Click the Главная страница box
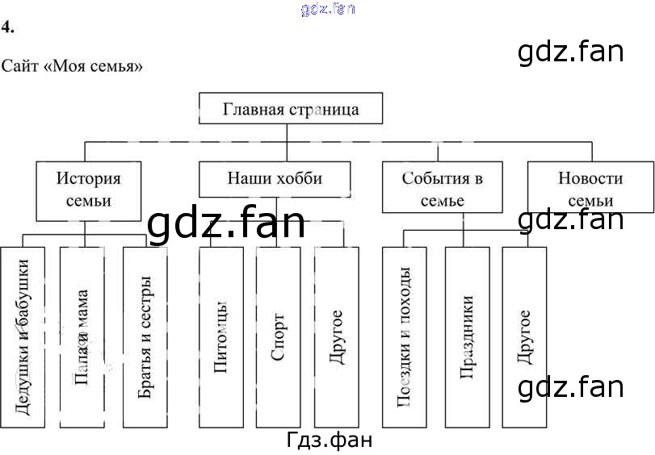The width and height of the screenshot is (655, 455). (291, 108)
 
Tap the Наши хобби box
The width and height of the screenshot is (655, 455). (275, 178)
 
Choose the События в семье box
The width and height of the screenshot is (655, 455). (442, 188)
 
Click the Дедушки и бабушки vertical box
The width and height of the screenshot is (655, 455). (23, 336)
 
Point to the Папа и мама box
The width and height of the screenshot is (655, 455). (82, 336)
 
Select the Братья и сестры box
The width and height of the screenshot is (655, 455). (145, 336)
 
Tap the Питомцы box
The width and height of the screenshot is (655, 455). (220, 336)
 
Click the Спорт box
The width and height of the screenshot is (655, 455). (278, 336)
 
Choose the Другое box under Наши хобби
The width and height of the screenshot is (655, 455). (336, 336)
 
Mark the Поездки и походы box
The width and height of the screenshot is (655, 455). (405, 336)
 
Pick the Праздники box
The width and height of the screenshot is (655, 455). (467, 336)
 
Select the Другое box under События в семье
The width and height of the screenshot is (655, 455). (523, 336)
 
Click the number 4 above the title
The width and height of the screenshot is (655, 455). (6, 27)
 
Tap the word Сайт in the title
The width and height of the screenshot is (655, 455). (17, 65)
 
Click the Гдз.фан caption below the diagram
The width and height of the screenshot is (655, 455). (329, 440)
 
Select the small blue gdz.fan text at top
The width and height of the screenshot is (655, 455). (327, 10)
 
